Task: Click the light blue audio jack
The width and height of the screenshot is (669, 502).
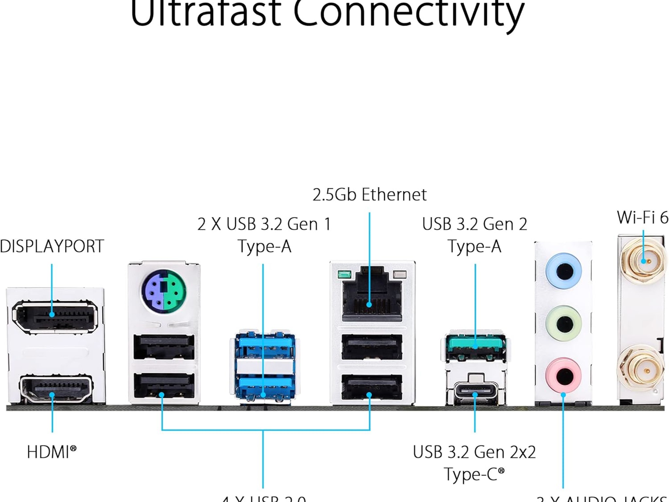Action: (563, 271)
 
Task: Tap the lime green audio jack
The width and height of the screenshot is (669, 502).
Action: (563, 324)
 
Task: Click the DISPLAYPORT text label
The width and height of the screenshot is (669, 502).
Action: (52, 246)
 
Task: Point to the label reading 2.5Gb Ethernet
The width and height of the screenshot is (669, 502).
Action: (369, 195)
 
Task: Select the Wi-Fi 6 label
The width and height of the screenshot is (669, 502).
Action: (642, 217)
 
